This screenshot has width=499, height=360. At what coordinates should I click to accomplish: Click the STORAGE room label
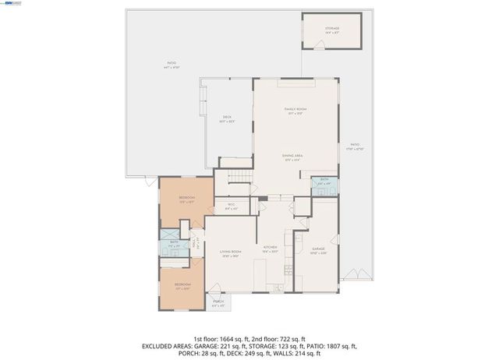tap(332, 30)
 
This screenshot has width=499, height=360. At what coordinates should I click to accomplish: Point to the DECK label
tap(227, 118)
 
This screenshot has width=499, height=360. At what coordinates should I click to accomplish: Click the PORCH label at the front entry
tap(218, 302)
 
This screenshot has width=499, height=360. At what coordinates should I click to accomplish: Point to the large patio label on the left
tap(172, 65)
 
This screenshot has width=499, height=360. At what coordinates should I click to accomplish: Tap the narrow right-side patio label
tap(355, 146)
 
